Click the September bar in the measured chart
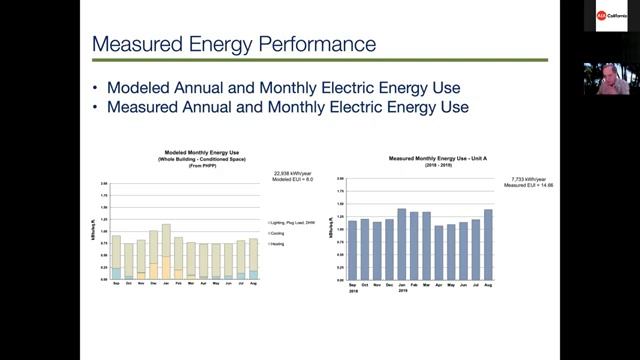(x=352, y=249)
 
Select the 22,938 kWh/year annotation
(x=288, y=173)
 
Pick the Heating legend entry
(x=276, y=243)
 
